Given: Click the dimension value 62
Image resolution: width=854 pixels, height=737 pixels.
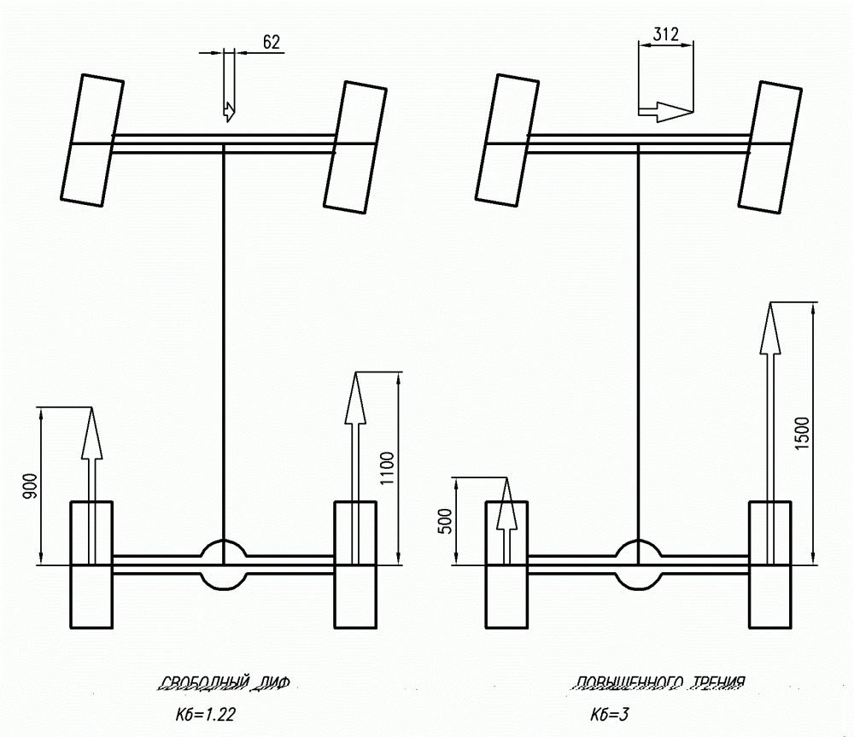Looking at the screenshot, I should coord(272,42).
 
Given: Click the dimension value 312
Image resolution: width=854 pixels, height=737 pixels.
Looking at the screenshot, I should coord(665,35).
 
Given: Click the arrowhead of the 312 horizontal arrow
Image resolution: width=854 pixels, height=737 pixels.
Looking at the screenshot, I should coord(678,111).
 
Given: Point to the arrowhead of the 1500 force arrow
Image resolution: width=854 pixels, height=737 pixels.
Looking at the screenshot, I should coord(771,329).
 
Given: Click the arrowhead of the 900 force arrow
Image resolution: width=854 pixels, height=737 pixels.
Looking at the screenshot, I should coord(91,434).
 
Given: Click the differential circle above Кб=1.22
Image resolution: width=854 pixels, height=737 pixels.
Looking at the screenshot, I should coord(223,564).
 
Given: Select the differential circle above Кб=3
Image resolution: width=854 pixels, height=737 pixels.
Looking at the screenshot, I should coord(639,564).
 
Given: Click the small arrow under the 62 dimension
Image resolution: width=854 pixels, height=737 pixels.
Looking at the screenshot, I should coord(228,110).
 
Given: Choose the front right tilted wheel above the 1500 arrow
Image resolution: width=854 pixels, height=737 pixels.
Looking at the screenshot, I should coord(771,146).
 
